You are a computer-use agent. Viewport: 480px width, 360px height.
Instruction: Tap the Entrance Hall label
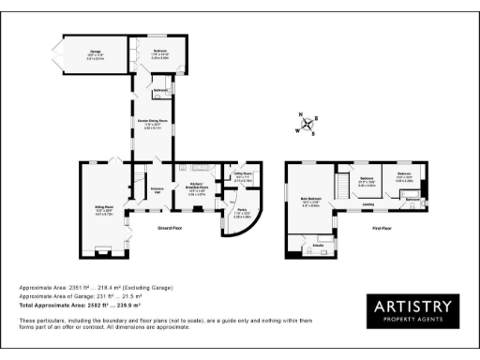point(157,189)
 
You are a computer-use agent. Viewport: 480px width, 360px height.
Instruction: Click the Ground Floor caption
point(170,228)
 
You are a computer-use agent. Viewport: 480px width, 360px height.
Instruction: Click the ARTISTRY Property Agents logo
point(413,311)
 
